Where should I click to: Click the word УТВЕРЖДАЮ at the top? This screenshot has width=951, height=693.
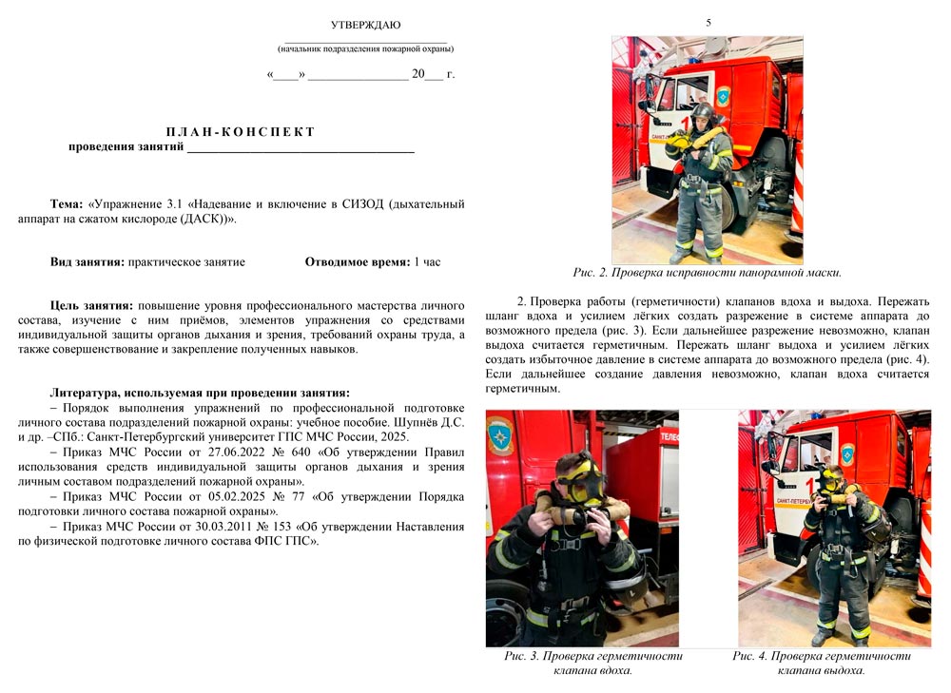pyautogui.click(x=365, y=25)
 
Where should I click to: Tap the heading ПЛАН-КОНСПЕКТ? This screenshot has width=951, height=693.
pyautogui.click(x=241, y=131)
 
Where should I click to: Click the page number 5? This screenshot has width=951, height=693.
pyautogui.click(x=708, y=22)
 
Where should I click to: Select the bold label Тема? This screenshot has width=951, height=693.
pyautogui.click(x=68, y=204)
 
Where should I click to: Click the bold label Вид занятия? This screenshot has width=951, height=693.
pyautogui.click(x=87, y=261)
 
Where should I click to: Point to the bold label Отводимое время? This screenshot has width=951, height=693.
pyautogui.click(x=357, y=261)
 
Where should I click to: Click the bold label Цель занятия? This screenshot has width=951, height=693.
pyautogui.click(x=91, y=306)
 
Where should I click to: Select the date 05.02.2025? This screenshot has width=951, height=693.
pyautogui.click(x=222, y=497)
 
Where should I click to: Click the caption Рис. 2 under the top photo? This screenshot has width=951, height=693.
pyautogui.click(x=707, y=273)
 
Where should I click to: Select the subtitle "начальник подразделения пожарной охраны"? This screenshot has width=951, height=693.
pyautogui.click(x=365, y=48)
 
